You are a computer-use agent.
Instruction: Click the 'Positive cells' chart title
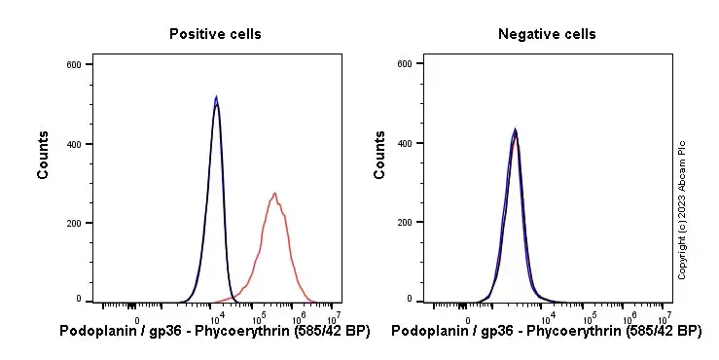215,34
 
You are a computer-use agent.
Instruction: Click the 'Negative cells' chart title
547,34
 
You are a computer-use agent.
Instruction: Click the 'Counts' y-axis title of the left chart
44,156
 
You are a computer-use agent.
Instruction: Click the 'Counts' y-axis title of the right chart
380,156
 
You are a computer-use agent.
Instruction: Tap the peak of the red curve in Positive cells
275,193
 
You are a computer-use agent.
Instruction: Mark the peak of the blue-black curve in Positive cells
216,97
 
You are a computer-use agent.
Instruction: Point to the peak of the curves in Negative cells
515,130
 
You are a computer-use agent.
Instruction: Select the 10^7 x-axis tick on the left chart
334,316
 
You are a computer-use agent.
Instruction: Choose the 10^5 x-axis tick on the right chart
590,316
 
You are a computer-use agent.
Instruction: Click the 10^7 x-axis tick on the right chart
665,316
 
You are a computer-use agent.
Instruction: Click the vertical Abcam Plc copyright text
682,208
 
